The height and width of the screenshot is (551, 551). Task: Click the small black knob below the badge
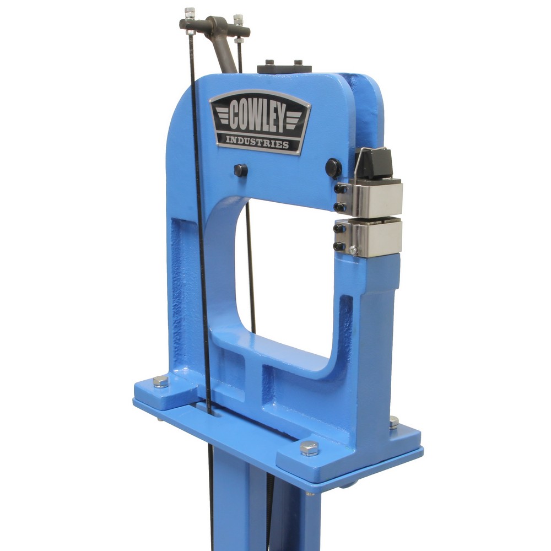[x=241, y=170]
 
